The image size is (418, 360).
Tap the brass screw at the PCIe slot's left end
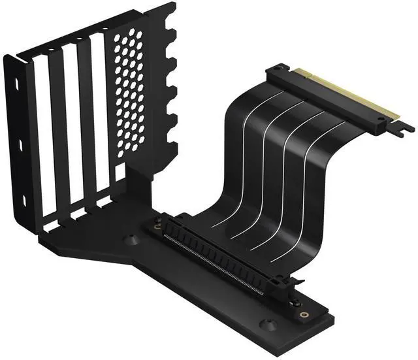[157, 227]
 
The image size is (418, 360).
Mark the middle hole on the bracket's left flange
[21, 145]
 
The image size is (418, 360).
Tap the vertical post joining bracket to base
[140, 189]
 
